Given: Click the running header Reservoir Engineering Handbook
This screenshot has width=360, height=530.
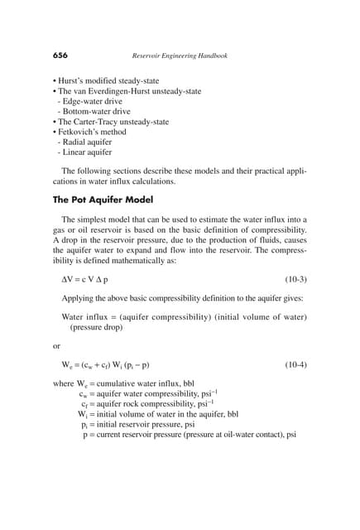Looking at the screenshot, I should pos(180,55).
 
